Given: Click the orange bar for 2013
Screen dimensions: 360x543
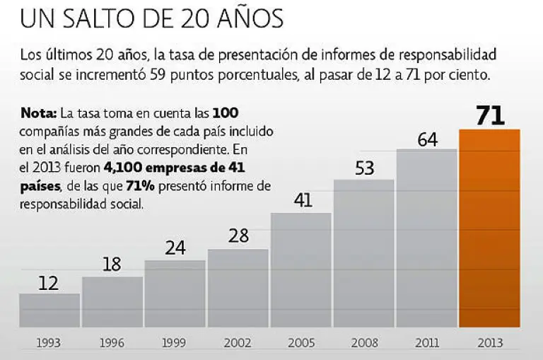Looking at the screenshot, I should point(489,228).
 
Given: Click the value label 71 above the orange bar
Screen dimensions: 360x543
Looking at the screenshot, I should point(489,115).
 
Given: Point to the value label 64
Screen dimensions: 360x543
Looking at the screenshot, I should point(426,139).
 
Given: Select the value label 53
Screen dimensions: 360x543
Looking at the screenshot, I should point(364,170).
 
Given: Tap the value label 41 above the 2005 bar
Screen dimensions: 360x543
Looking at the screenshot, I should point(302,202).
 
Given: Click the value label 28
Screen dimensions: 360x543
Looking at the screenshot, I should point(238,236).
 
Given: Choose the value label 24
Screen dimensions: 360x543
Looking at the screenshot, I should point(175,248).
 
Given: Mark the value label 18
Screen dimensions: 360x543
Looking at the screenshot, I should point(112,265).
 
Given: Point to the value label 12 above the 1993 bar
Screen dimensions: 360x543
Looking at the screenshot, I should point(49,283).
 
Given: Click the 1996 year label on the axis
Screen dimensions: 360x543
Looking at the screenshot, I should point(112,343).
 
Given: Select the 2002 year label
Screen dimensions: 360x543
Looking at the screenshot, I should point(238,343).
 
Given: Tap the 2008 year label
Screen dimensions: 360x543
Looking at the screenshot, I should point(364,343).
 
